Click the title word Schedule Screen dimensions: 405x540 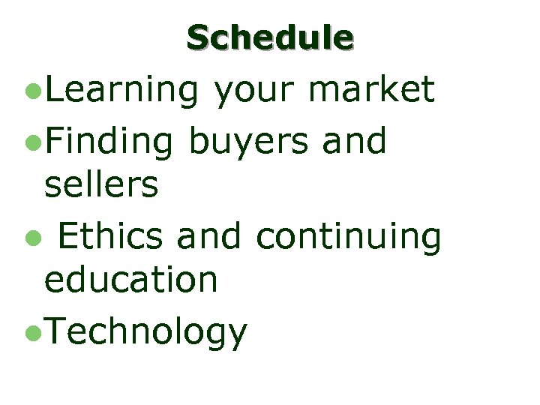270,37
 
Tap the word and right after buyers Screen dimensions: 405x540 354,140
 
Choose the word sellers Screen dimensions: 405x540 101,184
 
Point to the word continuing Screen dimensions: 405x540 348,237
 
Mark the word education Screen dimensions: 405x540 130,280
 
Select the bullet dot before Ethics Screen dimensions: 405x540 30,238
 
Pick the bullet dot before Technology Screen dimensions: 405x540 30,333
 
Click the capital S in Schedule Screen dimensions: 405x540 199,37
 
